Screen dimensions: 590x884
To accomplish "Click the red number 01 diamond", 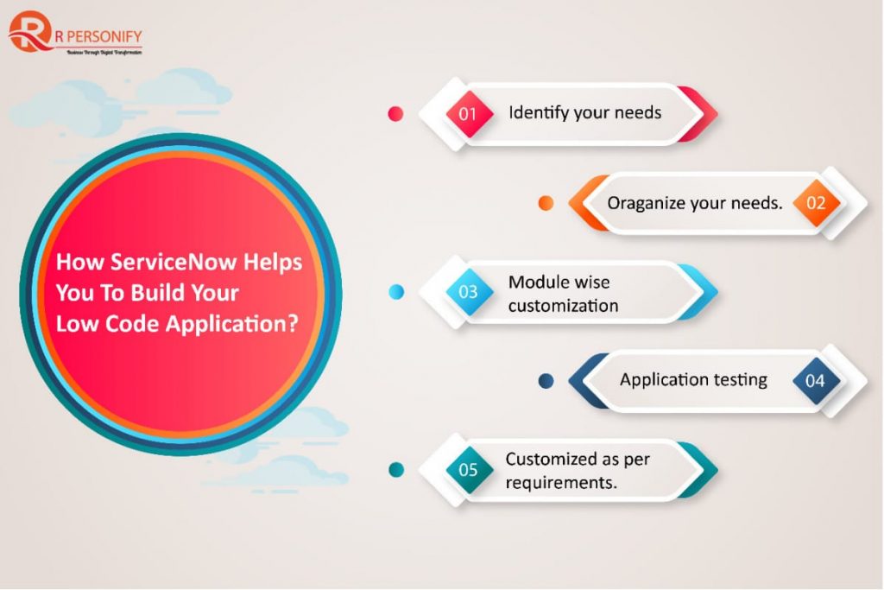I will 468,113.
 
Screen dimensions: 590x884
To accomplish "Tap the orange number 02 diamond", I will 816,204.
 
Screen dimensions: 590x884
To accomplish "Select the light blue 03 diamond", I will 468,291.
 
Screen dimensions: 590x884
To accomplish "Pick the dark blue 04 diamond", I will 815,380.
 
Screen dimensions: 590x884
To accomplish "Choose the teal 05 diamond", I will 468,470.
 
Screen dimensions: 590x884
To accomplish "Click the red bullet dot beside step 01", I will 395,113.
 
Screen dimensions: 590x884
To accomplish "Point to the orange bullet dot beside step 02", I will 546,204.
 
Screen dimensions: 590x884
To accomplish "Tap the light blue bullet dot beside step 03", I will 396,292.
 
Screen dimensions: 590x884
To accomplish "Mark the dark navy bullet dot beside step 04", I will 546,380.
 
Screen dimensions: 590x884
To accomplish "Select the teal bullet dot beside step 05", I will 396,470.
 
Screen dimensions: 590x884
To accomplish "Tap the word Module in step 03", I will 535,282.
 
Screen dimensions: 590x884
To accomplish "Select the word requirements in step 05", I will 561,482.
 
